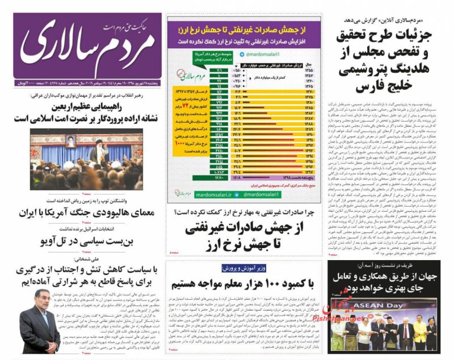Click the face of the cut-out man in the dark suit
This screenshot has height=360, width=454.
point(37,305)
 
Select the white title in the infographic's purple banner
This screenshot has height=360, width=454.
point(246,28)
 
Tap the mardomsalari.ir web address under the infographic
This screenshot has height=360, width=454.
point(222,194)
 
